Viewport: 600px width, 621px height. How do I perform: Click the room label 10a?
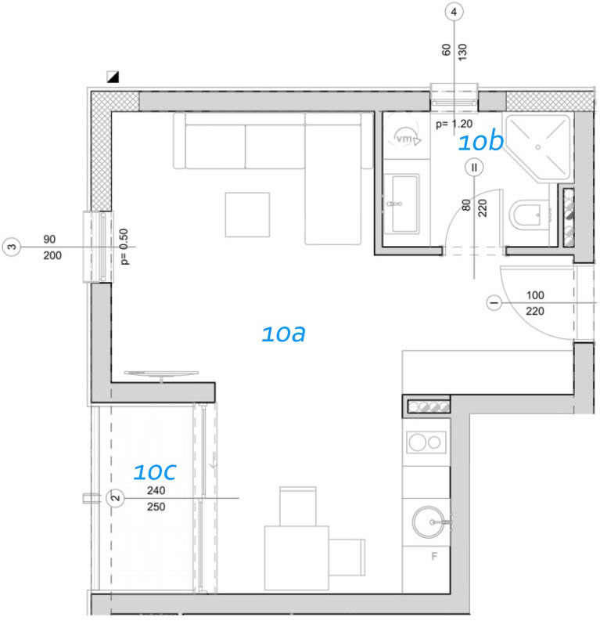(283, 334)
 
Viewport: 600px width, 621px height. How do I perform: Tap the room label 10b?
(481, 142)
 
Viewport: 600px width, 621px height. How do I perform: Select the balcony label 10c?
(155, 471)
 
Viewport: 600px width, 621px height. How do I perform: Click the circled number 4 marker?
(454, 12)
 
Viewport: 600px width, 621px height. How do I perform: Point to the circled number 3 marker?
(12, 247)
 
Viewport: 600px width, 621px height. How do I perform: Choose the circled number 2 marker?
(115, 498)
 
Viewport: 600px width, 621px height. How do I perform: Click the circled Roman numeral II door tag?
(474, 168)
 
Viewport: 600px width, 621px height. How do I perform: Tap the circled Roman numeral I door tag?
(494, 303)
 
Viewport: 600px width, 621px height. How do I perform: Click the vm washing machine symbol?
(406, 139)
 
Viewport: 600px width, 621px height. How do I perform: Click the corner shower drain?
(538, 147)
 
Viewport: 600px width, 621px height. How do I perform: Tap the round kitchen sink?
(428, 522)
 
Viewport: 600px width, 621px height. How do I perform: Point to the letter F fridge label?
(434, 557)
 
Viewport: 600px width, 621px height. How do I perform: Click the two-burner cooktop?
(426, 442)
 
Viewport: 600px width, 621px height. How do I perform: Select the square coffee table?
(248, 215)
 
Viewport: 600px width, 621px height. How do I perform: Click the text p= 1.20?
(454, 124)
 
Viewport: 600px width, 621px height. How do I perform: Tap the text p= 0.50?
(124, 247)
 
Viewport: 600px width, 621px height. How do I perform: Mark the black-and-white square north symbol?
(113, 77)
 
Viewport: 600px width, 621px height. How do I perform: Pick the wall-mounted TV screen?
(161, 374)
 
